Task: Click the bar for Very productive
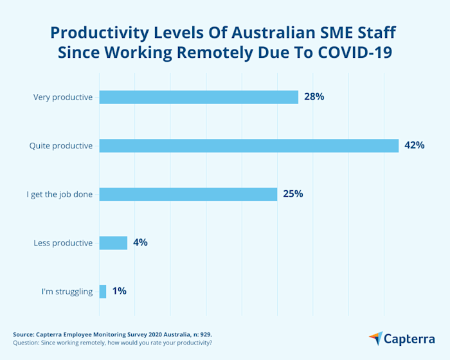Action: coord(199,97)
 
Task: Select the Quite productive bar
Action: coord(249,146)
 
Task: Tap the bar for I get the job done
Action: coord(188,194)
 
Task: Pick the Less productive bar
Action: coord(113,242)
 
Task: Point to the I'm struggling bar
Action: coord(103,291)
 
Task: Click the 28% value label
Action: coord(314,97)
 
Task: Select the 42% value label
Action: coord(414,145)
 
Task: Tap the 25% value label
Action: coord(293,194)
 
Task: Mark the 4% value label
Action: coord(141,242)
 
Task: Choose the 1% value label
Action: coord(119,291)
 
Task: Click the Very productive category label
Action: coord(63,98)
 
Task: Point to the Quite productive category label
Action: coord(61,146)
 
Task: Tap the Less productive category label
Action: coord(63,243)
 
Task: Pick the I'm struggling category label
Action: coord(67,292)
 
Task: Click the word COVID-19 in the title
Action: coord(355,53)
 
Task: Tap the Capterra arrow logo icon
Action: coord(375,338)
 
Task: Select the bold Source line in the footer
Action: coord(113,334)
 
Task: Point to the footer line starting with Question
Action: coord(113,343)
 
